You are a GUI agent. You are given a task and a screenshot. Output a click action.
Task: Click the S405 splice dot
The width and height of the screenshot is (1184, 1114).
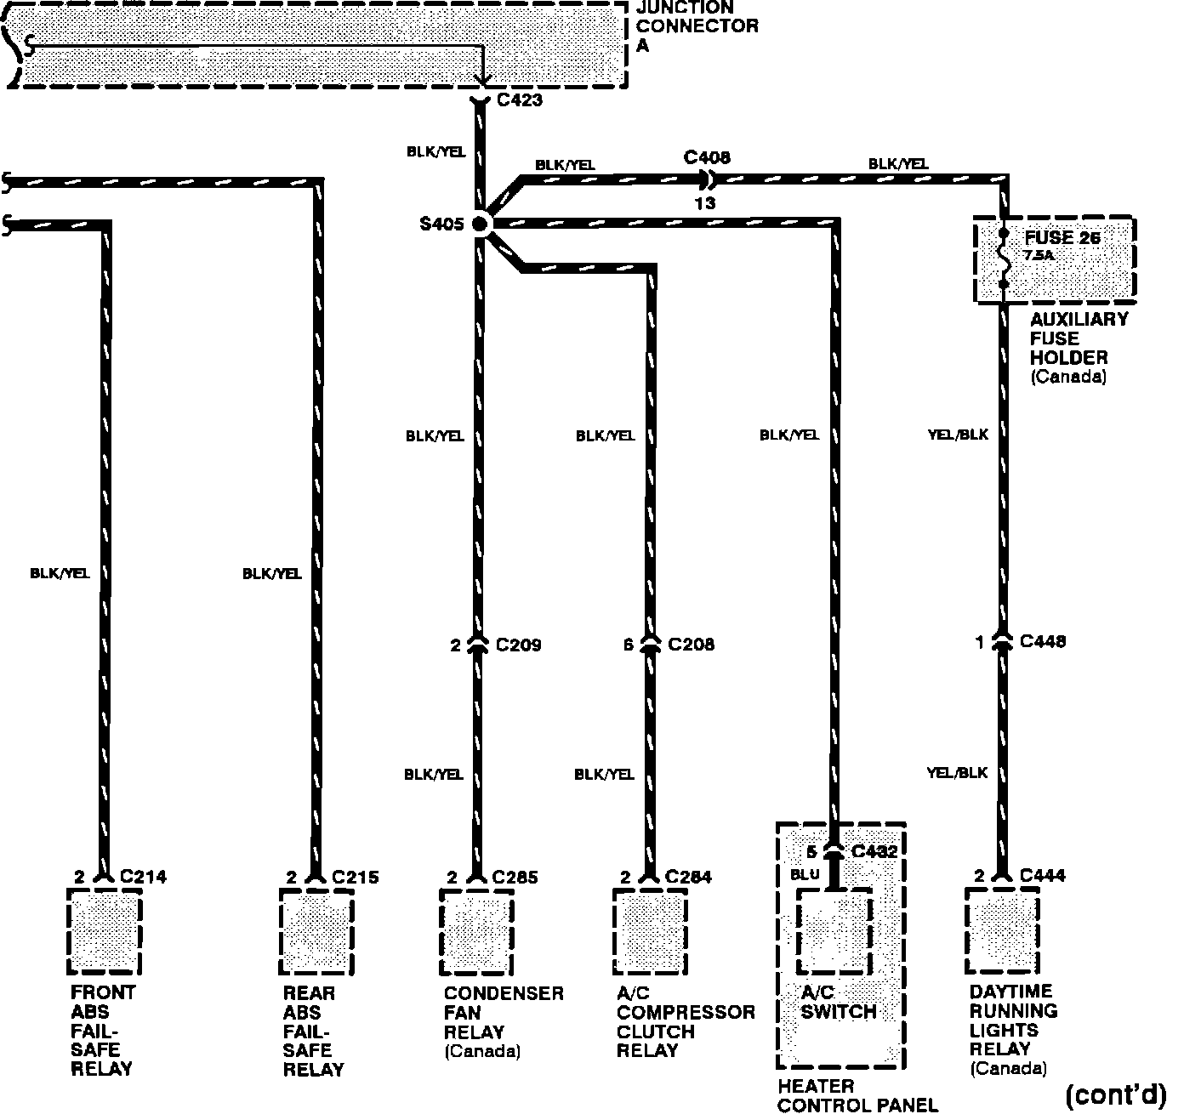click(x=481, y=224)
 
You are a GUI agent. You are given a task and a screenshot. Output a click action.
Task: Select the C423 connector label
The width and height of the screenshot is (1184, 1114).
click(x=519, y=100)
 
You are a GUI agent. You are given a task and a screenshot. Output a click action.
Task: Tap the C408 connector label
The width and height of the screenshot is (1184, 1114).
click(x=707, y=157)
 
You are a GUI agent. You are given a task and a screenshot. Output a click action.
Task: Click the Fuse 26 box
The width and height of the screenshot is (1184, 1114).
click(x=1054, y=259)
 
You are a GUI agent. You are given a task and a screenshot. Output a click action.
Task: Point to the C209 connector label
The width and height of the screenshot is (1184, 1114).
click(x=518, y=645)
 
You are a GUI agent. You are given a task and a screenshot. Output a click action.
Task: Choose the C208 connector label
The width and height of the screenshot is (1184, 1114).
click(x=691, y=645)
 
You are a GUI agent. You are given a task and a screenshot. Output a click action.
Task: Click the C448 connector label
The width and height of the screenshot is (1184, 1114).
click(x=1042, y=641)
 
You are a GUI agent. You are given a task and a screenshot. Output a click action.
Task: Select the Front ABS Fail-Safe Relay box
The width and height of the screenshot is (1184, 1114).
click(x=104, y=931)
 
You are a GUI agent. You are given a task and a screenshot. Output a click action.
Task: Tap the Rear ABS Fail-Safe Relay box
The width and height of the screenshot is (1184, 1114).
click(x=316, y=931)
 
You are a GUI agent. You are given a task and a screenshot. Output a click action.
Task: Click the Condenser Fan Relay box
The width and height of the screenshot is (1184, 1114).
click(x=476, y=931)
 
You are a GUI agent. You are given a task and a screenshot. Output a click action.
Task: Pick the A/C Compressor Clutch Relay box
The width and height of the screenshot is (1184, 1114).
click(x=650, y=931)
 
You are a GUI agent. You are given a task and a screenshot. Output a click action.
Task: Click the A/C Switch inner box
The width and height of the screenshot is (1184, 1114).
click(x=834, y=931)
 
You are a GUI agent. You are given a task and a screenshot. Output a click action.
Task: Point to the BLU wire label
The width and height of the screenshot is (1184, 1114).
click(x=804, y=873)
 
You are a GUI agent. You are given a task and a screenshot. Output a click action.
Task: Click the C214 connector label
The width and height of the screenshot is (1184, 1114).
click(x=144, y=877)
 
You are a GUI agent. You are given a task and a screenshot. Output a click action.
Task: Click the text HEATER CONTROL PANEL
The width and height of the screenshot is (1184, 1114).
click(x=857, y=1095)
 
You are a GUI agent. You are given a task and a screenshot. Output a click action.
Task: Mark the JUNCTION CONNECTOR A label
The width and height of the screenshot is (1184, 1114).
click(x=697, y=26)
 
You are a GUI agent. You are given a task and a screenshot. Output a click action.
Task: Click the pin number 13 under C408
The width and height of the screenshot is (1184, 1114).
click(x=704, y=203)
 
